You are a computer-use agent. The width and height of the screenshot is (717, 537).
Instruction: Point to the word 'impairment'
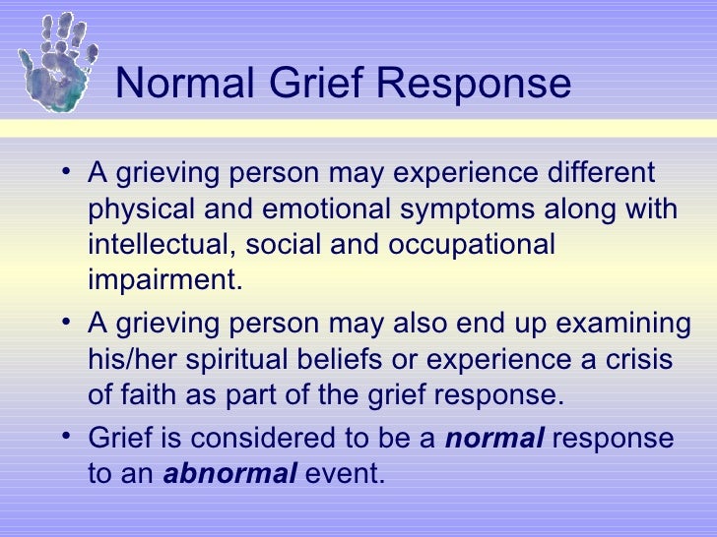pyautogui.click(x=162, y=279)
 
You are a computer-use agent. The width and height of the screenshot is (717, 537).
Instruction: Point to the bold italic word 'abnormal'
pyautogui.click(x=229, y=473)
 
